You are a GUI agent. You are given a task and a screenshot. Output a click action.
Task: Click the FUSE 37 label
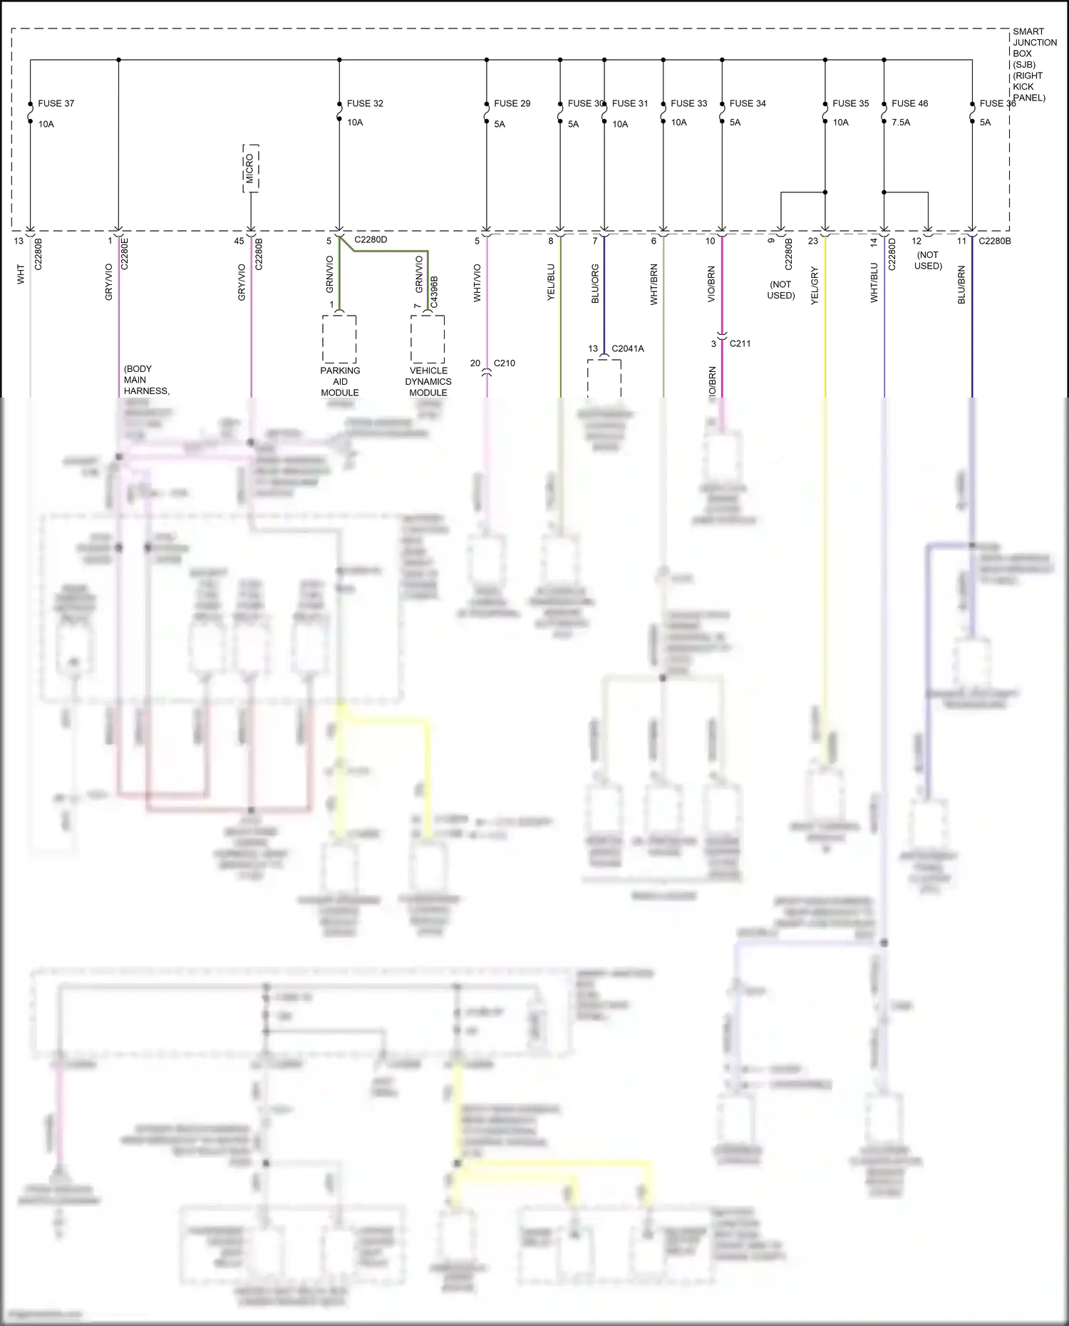click(x=56, y=103)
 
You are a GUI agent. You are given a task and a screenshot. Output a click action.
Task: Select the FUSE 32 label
click(x=365, y=103)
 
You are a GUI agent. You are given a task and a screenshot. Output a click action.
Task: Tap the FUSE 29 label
click(x=512, y=103)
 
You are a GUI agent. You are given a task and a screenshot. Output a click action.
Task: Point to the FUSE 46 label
click(x=909, y=103)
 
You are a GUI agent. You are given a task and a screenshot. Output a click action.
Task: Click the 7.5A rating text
click(x=901, y=123)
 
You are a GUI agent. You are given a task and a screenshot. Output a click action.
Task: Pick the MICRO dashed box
click(x=250, y=168)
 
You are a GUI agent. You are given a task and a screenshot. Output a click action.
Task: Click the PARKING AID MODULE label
click(x=340, y=381)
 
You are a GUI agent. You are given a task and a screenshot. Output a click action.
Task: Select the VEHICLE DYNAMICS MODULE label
click(x=428, y=381)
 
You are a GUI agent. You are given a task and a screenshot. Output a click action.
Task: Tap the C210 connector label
click(x=504, y=363)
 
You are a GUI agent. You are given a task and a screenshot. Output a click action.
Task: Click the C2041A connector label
click(x=627, y=349)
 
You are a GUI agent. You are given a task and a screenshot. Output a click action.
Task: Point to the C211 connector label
click(x=740, y=343)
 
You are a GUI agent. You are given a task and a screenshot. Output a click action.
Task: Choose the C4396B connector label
click(x=434, y=292)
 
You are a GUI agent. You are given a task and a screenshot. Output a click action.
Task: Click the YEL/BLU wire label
click(x=551, y=282)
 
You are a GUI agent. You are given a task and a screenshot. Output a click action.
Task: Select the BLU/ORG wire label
click(x=595, y=284)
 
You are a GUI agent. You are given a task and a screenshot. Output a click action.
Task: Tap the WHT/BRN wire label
click(x=654, y=284)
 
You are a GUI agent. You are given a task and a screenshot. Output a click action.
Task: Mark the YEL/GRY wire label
click(x=815, y=286)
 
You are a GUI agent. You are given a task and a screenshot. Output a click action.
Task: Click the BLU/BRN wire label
click(x=961, y=285)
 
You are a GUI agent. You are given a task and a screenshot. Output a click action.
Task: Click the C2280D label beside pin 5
click(x=371, y=240)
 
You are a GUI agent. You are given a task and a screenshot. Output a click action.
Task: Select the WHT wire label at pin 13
click(x=21, y=274)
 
